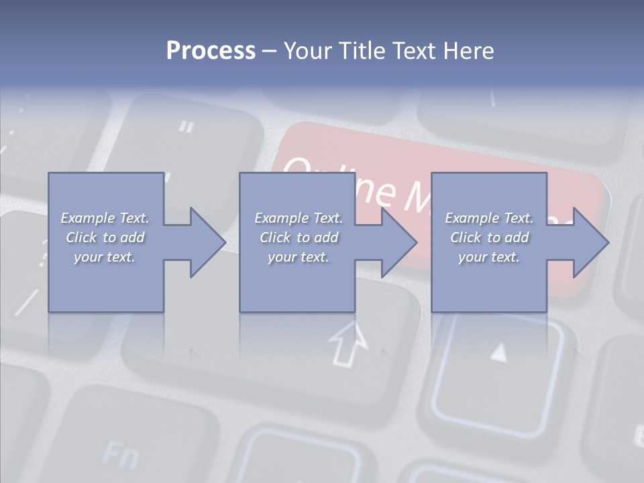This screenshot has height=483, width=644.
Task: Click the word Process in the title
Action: [211, 51]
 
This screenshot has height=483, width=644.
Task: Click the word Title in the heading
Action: [360, 51]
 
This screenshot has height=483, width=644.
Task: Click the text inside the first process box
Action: [105, 237]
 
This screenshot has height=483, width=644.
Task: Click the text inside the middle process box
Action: [299, 237]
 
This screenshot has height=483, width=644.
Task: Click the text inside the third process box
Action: [489, 237]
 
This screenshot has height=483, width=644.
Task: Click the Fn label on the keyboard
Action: [121, 456]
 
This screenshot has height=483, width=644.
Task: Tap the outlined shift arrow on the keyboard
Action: [349, 343]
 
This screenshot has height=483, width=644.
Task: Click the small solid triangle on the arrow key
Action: [498, 352]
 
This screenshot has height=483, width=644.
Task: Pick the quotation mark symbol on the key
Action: [187, 126]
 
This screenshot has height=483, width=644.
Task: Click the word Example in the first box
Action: [87, 218]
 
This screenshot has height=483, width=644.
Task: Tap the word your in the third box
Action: [472, 257]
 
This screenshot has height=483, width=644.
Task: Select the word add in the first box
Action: [133, 237]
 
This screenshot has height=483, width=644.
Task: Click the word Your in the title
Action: [308, 51]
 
